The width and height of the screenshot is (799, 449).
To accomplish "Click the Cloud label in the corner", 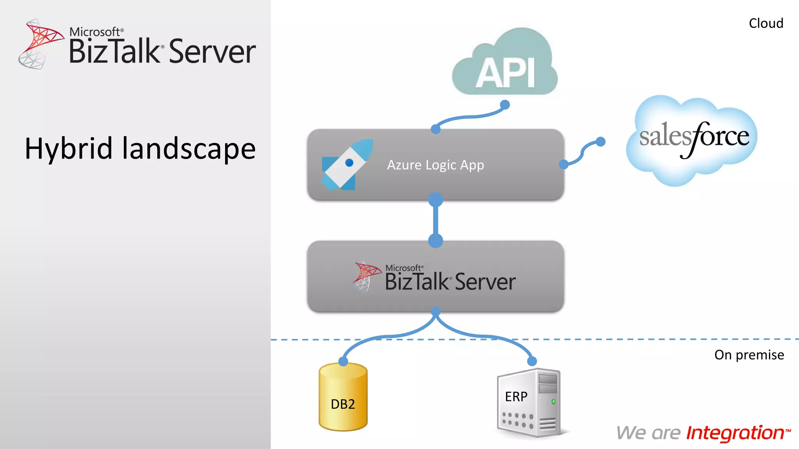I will (x=766, y=23).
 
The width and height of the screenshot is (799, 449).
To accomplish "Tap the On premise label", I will (x=749, y=355).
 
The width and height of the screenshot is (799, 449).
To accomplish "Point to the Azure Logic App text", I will (x=435, y=165).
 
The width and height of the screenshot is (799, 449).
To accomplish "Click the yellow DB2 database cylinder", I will (x=343, y=398).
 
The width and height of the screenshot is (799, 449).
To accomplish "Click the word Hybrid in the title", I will (x=69, y=149).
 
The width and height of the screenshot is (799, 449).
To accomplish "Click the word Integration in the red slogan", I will (x=735, y=433).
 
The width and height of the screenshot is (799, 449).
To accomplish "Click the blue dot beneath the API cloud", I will (x=505, y=104).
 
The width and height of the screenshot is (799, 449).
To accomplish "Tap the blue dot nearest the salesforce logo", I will (x=601, y=141).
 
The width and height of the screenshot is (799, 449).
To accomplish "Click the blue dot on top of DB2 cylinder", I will (x=343, y=361).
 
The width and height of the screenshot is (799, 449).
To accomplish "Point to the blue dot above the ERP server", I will (x=532, y=361).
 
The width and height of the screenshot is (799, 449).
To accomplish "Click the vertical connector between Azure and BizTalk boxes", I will (x=435, y=220).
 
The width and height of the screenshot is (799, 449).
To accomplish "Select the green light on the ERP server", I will (x=553, y=401).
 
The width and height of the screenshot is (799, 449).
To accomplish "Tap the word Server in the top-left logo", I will (x=212, y=52).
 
